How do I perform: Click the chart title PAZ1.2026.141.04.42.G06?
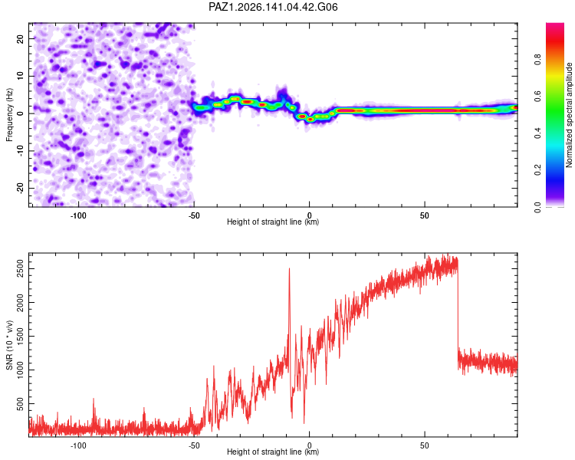[273, 7]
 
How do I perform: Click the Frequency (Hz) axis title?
[9, 115]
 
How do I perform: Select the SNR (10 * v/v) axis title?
[9, 345]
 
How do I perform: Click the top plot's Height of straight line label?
[273, 222]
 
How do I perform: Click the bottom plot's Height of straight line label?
[273, 452]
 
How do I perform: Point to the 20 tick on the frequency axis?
[21, 38]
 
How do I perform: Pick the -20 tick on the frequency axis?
[21, 189]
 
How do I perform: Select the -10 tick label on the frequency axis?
[21, 151]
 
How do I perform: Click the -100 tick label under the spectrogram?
[78, 215]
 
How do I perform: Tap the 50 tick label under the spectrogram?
[425, 215]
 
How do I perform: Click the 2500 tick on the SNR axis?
[21, 269]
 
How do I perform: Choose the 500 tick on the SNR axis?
[21, 404]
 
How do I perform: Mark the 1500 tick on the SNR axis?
[21, 337]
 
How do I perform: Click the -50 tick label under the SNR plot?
[194, 445]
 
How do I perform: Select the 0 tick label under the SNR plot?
[310, 445]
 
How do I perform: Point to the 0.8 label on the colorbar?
[537, 59]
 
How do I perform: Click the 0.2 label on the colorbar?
[537, 170]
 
